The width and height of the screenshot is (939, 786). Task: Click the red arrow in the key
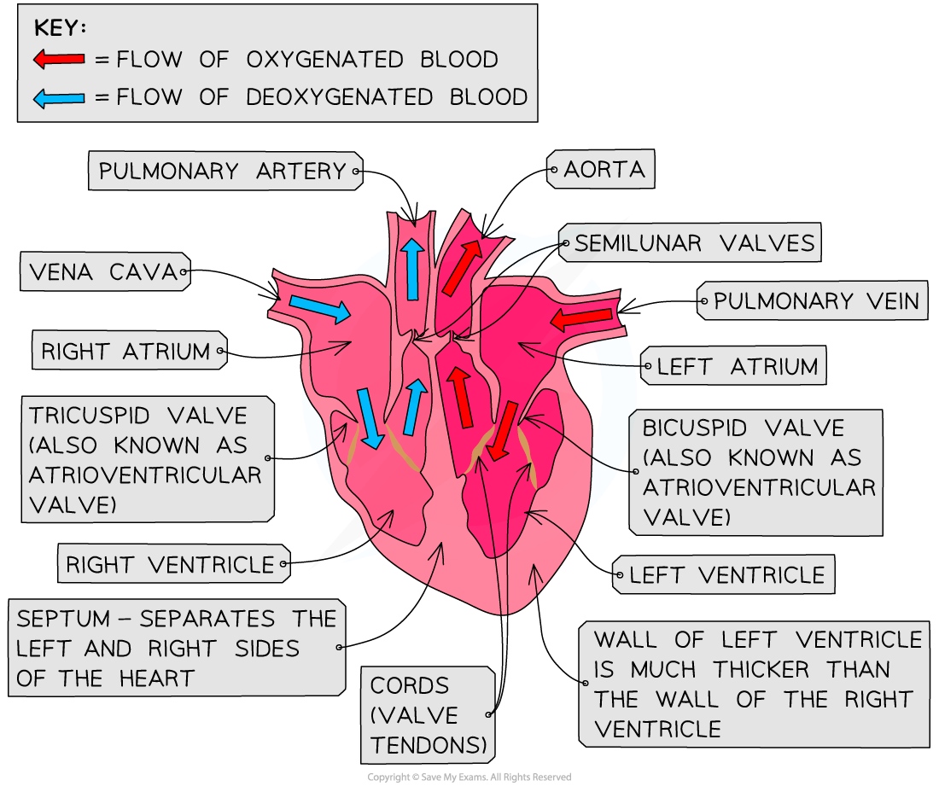[59, 59]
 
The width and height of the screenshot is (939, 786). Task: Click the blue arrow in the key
[59, 98]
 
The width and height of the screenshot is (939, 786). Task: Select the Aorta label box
[602, 170]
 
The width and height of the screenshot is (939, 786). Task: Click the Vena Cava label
[103, 273]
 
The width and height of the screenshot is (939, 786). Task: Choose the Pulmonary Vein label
[815, 301]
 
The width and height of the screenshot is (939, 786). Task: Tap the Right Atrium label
[126, 351]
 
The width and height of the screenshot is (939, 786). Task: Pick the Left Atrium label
[736, 367]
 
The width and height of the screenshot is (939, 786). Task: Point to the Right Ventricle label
[171, 564]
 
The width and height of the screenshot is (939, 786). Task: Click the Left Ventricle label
[726, 575]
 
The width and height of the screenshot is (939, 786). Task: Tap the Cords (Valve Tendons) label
[429, 715]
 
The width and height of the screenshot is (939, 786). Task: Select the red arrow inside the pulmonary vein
[581, 319]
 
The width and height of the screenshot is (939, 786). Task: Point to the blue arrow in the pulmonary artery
[412, 269]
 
